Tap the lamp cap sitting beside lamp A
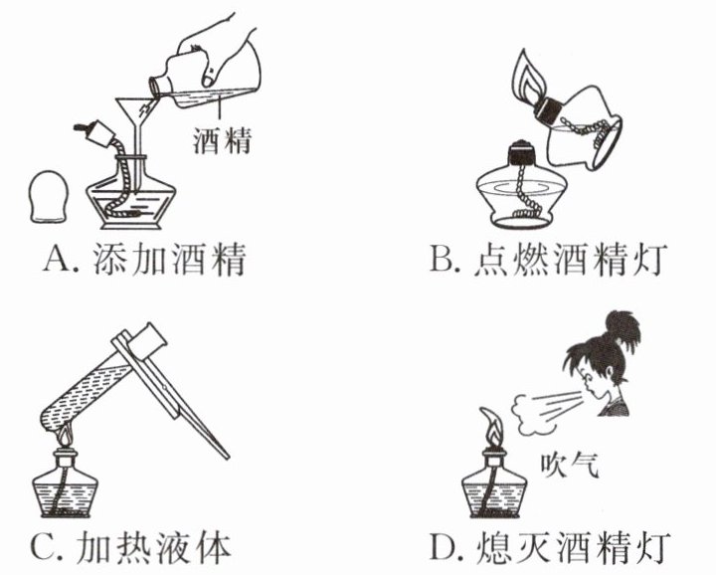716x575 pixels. [x=47, y=200]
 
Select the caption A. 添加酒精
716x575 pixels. [x=145, y=262]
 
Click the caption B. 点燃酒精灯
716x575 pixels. [x=548, y=262]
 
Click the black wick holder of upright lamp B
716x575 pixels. [x=520, y=154]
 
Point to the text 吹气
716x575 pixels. [x=568, y=463]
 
